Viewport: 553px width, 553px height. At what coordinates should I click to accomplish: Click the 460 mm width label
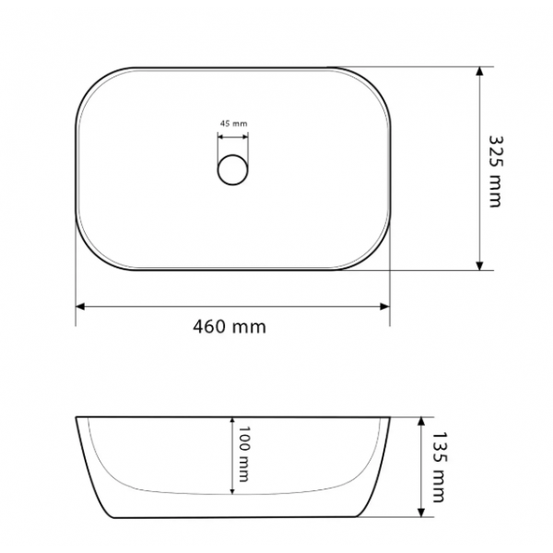[x=229, y=327]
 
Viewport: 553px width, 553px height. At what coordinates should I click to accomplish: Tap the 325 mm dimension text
[x=496, y=171]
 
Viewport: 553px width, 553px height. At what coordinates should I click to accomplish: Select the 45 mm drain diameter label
[x=233, y=124]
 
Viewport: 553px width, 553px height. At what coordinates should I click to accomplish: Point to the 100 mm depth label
[x=244, y=453]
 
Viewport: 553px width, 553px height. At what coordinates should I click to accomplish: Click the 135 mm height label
[x=439, y=466]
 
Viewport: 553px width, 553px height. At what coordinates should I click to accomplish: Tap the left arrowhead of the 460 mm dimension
[x=80, y=307]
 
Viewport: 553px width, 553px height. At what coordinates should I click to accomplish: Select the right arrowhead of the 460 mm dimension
[x=384, y=307]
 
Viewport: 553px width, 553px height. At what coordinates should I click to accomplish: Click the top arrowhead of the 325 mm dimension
[x=479, y=71]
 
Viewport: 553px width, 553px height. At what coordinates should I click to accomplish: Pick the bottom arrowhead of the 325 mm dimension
[x=479, y=265]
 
